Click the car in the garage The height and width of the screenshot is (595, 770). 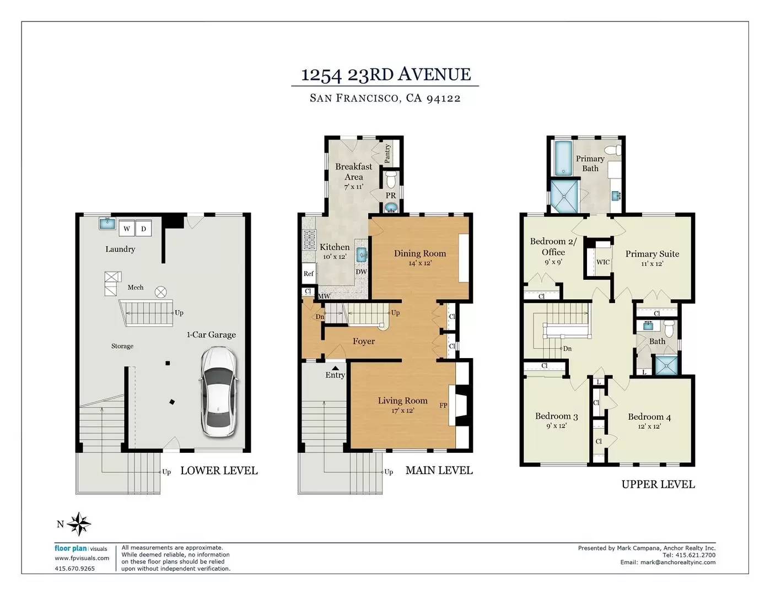[x=219, y=392]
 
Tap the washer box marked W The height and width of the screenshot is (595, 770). [x=127, y=229]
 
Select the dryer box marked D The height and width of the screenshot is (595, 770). [x=143, y=229]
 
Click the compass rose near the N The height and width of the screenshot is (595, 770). [x=79, y=524]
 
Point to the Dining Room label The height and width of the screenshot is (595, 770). [x=420, y=253]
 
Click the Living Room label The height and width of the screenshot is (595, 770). [x=402, y=401]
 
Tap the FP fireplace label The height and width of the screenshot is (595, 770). [x=443, y=405]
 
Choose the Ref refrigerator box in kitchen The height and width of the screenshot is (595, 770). [x=309, y=273]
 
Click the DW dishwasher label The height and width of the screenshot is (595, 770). [x=361, y=272]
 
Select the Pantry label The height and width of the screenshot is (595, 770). [x=387, y=153]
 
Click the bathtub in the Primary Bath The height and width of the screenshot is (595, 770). [x=563, y=158]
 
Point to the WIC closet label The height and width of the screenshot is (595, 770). [x=603, y=262]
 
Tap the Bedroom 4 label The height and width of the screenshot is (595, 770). [x=649, y=417]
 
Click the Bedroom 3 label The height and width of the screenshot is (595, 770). [x=556, y=416]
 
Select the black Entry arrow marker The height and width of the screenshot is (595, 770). [x=335, y=369]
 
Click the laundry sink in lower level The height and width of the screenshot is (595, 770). [x=107, y=223]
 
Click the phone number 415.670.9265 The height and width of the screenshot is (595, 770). [x=75, y=569]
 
